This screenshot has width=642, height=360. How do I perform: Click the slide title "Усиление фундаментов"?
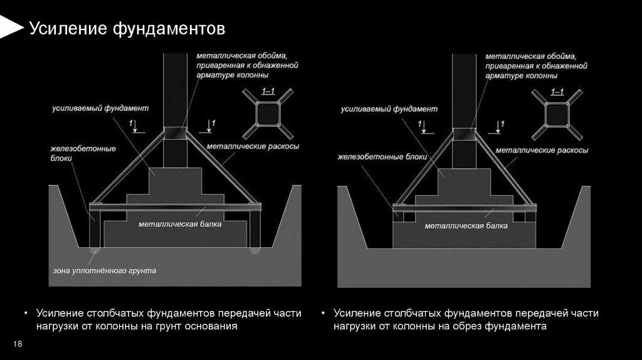pyautogui.click(x=127, y=29)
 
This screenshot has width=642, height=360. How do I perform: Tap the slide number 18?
pyautogui.click(x=18, y=344)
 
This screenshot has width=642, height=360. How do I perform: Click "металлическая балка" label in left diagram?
pyautogui.click(x=180, y=223)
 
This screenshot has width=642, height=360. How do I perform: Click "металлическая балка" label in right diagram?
pyautogui.click(x=466, y=225)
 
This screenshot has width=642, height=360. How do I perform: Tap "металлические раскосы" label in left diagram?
pyautogui.click(x=252, y=146)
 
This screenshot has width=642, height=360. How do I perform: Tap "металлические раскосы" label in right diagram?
pyautogui.click(x=542, y=151)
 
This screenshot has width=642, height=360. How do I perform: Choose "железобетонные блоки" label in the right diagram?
pyautogui.click(x=382, y=157)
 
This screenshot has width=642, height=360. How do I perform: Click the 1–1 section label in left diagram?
pyautogui.click(x=268, y=92)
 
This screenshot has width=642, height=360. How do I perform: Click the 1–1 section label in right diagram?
pyautogui.click(x=557, y=92)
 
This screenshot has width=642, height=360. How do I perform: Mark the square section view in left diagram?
pyautogui.click(x=268, y=115)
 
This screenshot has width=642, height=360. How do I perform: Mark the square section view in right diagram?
pyautogui.click(x=557, y=115)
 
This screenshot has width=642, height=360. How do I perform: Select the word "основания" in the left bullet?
pyautogui.click(x=213, y=327)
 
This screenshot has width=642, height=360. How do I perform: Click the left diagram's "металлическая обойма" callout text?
pyautogui.click(x=246, y=65)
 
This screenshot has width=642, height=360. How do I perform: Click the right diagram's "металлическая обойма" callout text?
pyautogui.click(x=536, y=65)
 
